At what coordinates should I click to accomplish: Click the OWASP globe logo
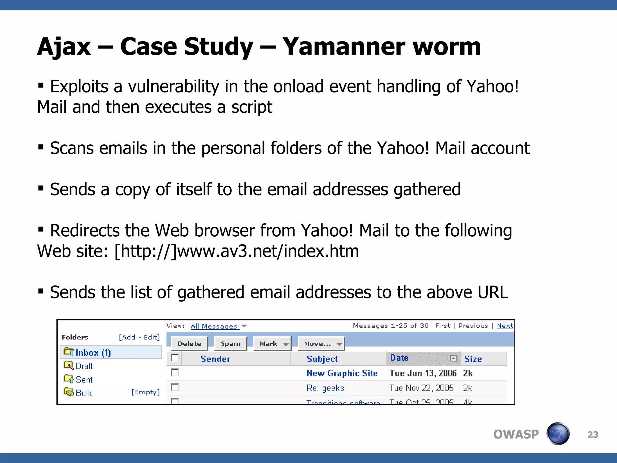tap(558, 434)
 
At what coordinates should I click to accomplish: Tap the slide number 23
tap(593, 434)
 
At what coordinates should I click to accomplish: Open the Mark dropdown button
tap(272, 344)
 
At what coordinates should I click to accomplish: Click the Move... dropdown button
tap(321, 344)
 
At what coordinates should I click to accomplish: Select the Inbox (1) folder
tap(93, 352)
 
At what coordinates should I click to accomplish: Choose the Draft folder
tap(84, 366)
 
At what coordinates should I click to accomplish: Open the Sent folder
tap(84, 380)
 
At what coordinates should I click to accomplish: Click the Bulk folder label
tap(83, 393)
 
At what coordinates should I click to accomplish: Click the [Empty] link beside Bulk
tap(146, 392)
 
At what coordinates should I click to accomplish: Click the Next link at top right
tap(505, 326)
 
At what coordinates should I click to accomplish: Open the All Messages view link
tap(214, 326)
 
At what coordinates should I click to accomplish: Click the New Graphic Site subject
tap(342, 373)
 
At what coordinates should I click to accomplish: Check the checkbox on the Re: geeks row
tap(175, 387)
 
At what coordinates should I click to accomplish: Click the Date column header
tap(399, 358)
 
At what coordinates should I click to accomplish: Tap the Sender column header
tap(215, 359)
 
